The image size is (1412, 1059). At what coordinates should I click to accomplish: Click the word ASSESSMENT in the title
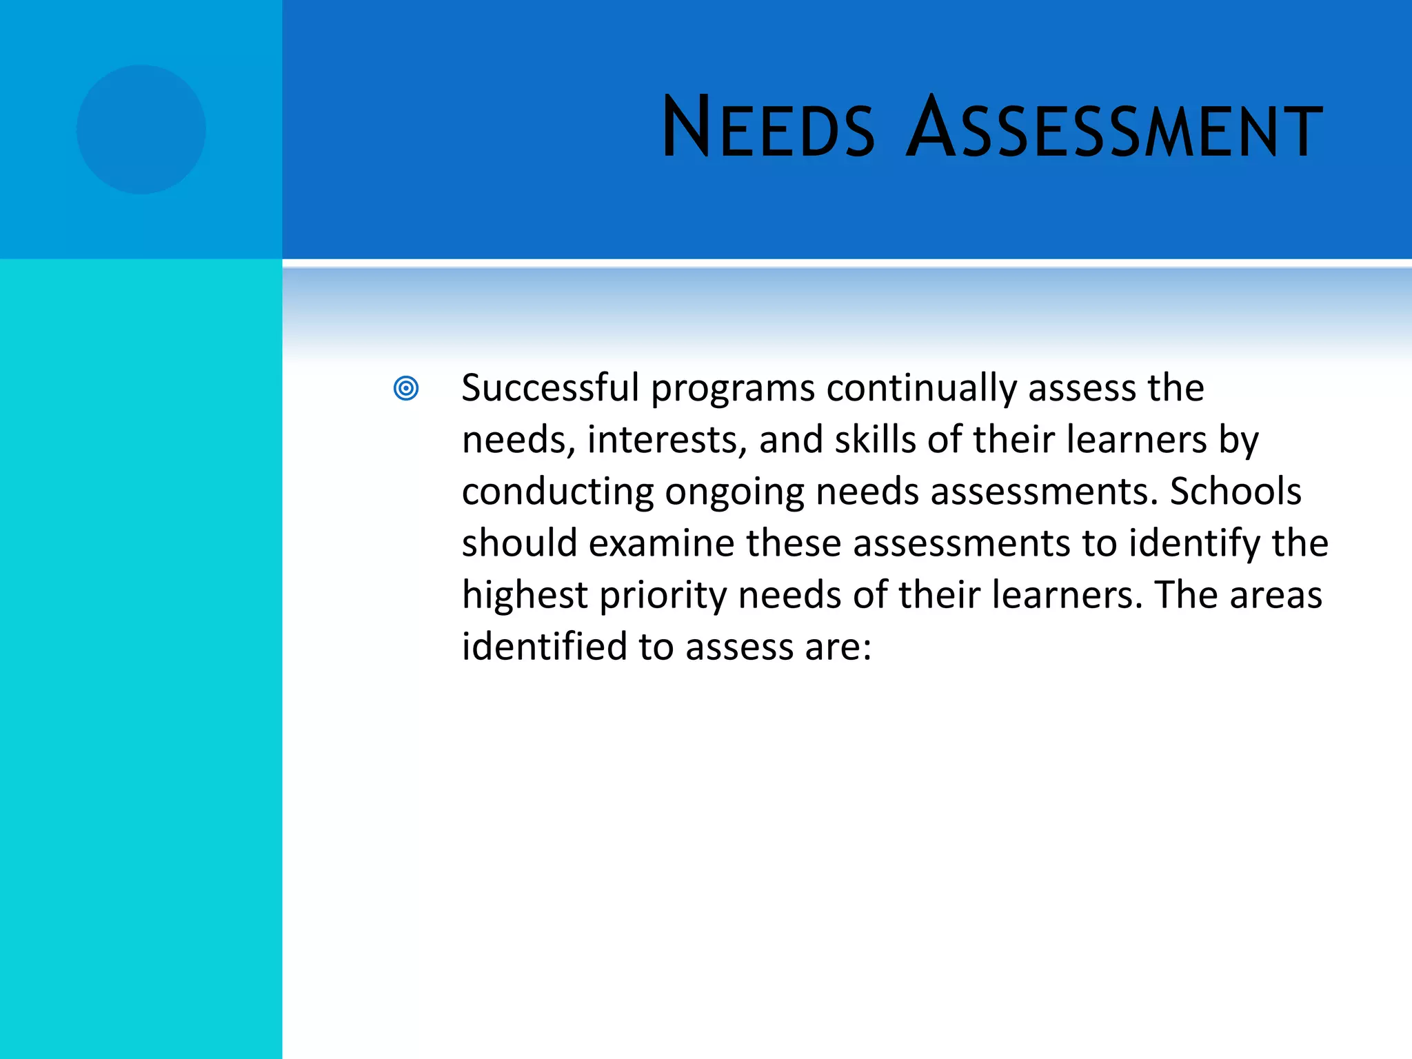(1113, 128)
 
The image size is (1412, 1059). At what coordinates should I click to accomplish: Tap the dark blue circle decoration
(141, 130)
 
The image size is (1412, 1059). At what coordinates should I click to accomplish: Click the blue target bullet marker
(406, 388)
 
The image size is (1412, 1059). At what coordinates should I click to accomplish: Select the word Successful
(550, 387)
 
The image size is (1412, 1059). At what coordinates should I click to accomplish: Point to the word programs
(733, 389)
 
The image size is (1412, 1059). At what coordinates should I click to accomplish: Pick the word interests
(667, 440)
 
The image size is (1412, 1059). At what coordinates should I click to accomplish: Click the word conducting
(557, 492)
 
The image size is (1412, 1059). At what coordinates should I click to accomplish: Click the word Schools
(1235, 492)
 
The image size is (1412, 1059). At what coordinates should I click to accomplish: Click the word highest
(525, 596)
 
